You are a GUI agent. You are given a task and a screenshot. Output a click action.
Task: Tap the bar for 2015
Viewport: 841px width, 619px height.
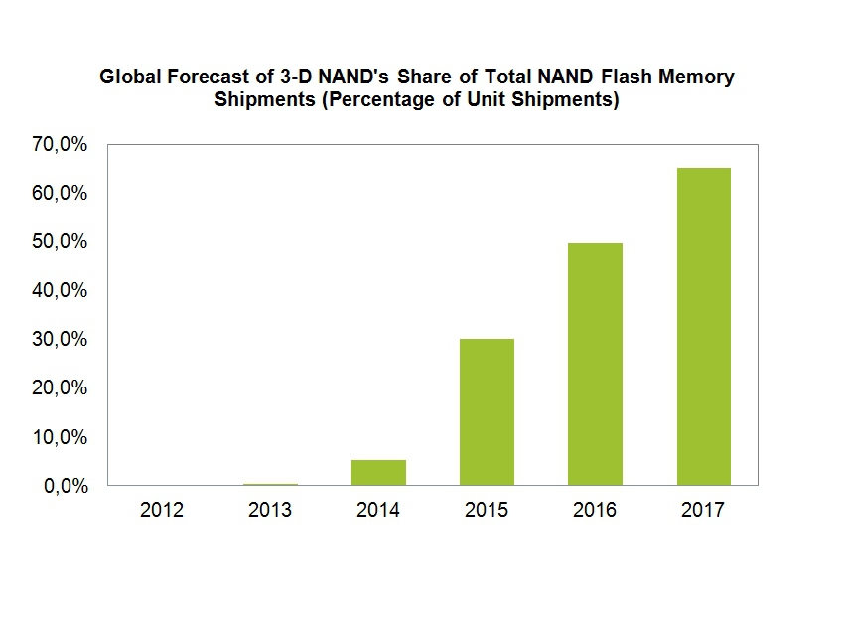click(488, 411)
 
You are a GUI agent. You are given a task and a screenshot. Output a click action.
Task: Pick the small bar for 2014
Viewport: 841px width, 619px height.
click(379, 472)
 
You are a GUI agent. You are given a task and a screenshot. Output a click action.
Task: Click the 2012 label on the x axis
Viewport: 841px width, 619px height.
click(162, 510)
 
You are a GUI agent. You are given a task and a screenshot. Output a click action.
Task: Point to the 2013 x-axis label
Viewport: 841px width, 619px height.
click(270, 510)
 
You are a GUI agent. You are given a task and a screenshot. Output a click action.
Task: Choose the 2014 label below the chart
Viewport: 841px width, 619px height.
click(378, 510)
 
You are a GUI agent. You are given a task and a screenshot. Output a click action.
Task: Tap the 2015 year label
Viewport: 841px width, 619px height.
click(487, 510)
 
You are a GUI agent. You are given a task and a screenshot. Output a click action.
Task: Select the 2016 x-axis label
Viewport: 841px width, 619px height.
click(595, 510)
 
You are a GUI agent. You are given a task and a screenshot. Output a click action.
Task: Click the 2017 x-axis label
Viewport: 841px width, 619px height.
click(704, 510)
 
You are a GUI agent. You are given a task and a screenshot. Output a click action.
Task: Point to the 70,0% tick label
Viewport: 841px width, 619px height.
click(61, 145)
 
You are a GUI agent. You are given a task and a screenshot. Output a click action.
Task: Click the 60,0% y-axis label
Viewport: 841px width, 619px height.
click(61, 194)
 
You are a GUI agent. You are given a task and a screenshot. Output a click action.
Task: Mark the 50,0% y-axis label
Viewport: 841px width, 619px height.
click(61, 242)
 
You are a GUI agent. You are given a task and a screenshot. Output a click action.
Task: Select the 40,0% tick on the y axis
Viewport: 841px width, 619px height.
click(61, 291)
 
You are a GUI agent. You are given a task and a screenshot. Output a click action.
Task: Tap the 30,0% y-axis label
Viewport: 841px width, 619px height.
click(61, 340)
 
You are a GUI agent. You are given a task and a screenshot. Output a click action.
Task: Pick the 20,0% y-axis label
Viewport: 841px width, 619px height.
click(61, 388)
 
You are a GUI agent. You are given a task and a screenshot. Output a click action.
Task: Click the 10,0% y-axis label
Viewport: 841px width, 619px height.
click(61, 437)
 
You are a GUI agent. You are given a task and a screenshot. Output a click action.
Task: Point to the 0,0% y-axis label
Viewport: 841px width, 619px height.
click(66, 486)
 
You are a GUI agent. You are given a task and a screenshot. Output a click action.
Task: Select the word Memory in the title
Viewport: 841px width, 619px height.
click(700, 77)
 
